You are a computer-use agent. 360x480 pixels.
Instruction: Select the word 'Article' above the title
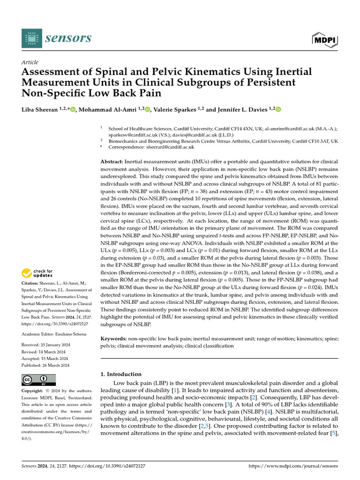30,62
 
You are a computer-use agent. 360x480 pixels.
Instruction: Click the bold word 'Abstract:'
112,161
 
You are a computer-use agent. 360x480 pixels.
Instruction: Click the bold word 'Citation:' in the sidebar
31,284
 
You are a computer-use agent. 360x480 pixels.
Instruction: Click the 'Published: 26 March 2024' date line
45,365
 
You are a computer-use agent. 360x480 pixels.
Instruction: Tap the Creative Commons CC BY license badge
39,380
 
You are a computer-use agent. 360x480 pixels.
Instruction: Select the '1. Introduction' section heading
121,374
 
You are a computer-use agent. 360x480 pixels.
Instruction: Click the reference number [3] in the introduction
229,404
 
